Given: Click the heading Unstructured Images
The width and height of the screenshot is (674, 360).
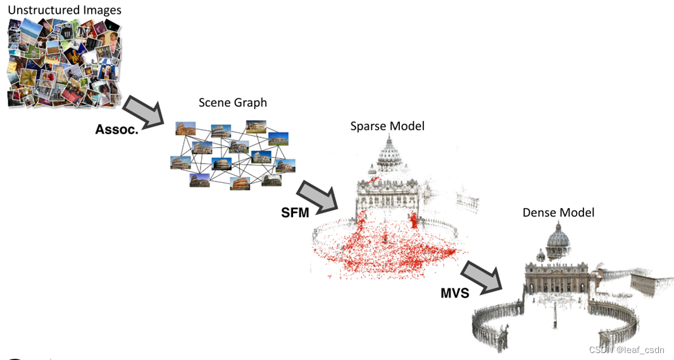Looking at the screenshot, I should [65, 10].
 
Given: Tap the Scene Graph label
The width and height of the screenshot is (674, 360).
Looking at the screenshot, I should [233, 102].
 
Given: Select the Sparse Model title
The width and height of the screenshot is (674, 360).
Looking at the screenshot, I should [387, 126].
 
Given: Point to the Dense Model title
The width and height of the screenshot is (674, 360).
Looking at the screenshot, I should [558, 213].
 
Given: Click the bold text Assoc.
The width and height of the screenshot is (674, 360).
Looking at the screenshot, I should [116, 129].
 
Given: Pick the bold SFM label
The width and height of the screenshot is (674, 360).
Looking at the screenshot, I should [295, 213].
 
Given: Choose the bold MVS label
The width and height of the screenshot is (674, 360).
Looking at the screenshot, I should [454, 293].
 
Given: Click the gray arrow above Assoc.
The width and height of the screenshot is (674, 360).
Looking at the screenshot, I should [143, 112].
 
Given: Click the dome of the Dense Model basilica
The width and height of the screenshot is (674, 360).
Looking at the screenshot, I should [558, 239].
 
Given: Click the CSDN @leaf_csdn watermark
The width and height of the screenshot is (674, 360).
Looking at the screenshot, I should [627, 350].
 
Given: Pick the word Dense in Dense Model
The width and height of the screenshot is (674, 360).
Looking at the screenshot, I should [539, 213].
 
